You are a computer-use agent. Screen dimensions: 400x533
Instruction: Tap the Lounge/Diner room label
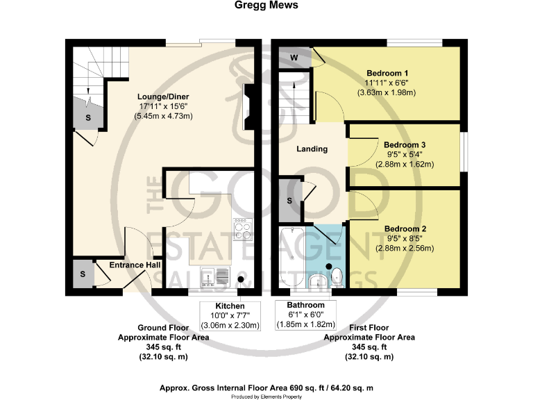pos(164,97)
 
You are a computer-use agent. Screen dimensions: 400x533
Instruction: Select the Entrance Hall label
pos(135,265)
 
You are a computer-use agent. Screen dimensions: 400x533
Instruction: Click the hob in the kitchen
pos(243,229)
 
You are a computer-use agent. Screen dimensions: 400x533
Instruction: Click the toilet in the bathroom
pos(337,276)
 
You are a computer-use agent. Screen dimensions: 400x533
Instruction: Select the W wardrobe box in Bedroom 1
pos(294,57)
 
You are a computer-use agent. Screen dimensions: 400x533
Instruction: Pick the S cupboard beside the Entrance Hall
pos(83,274)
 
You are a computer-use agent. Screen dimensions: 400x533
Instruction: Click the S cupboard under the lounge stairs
pos(88,117)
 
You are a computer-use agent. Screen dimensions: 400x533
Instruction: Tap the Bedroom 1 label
pos(387,73)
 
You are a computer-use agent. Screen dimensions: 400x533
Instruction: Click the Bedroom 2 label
pos(405,228)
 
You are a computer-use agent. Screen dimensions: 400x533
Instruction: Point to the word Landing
pos(312,149)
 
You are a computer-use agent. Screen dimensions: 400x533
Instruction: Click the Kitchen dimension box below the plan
pos(230,315)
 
